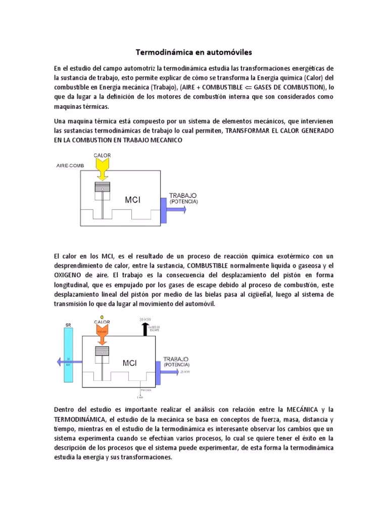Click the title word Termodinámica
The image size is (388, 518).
(x=162, y=52)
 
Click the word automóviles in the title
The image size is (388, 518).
(x=226, y=52)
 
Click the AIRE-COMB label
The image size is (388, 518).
(x=71, y=166)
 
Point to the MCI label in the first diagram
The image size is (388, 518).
(x=132, y=200)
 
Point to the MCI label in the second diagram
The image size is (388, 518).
(x=130, y=363)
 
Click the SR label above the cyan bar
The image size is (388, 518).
(x=68, y=324)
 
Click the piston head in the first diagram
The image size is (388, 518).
(x=103, y=187)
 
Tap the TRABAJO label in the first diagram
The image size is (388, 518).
(x=183, y=195)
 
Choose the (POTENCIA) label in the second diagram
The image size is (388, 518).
(x=176, y=365)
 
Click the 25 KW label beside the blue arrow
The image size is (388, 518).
(x=185, y=372)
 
